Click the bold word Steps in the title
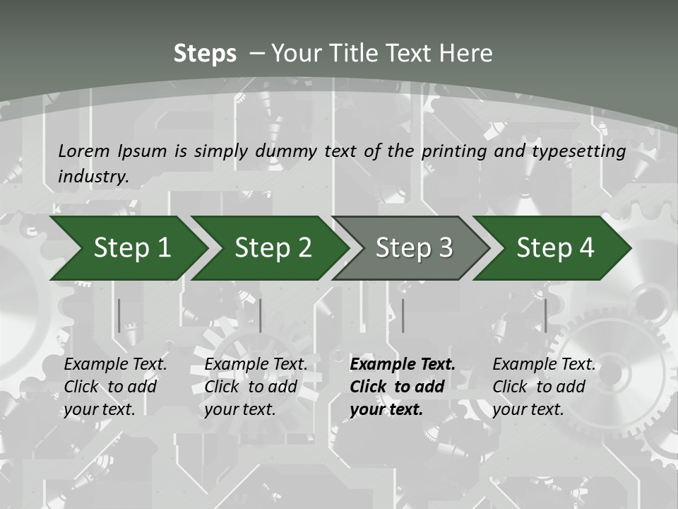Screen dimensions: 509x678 205,54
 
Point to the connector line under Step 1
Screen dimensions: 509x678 119,315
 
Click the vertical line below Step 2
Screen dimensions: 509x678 261,315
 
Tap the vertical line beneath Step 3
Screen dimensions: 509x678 403,315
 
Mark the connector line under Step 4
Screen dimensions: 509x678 545,315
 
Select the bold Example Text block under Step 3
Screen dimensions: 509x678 403,387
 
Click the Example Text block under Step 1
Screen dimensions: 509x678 115,387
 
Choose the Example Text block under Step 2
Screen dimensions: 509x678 256,387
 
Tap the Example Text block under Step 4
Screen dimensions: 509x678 544,387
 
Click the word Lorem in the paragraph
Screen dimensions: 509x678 84,151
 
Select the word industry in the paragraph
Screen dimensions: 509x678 93,177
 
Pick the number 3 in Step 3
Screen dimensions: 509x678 444,248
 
